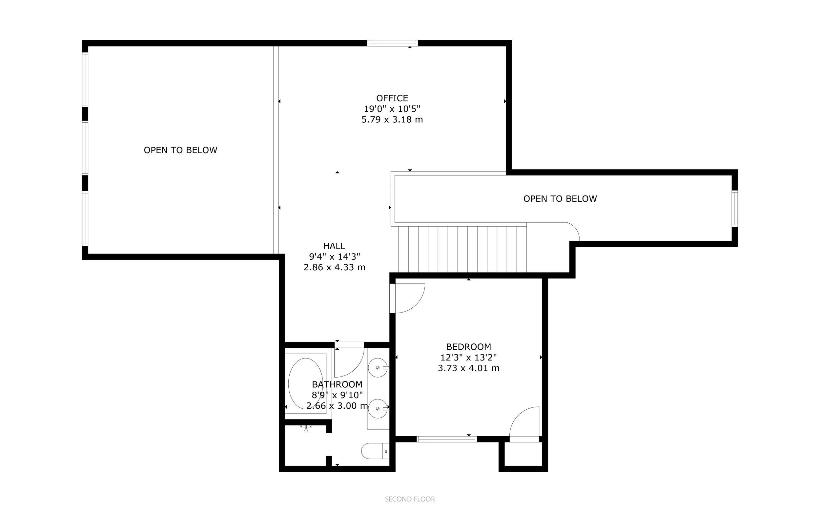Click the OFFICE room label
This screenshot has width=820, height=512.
coord(392,98)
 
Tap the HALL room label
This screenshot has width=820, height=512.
coord(334,246)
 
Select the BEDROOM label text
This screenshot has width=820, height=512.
coord(469,347)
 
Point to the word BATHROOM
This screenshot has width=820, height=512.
coord(337,384)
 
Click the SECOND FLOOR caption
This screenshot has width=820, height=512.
coord(410,499)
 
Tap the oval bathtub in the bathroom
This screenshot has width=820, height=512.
coord(305,384)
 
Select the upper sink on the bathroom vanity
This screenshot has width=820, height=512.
coord(378,367)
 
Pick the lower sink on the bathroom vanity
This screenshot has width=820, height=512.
coord(378,409)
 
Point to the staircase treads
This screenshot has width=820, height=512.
coord(462,249)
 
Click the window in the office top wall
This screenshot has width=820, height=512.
coord(392,43)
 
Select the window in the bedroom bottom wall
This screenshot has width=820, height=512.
coord(446,439)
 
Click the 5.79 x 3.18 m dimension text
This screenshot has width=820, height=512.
coord(392,119)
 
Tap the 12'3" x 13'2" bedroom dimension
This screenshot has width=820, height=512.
coord(469,357)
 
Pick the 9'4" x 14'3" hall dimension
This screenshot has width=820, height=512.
coord(334,257)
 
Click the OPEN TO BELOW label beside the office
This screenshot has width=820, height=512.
coord(180,150)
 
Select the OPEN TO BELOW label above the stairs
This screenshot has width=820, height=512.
coord(560,199)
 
